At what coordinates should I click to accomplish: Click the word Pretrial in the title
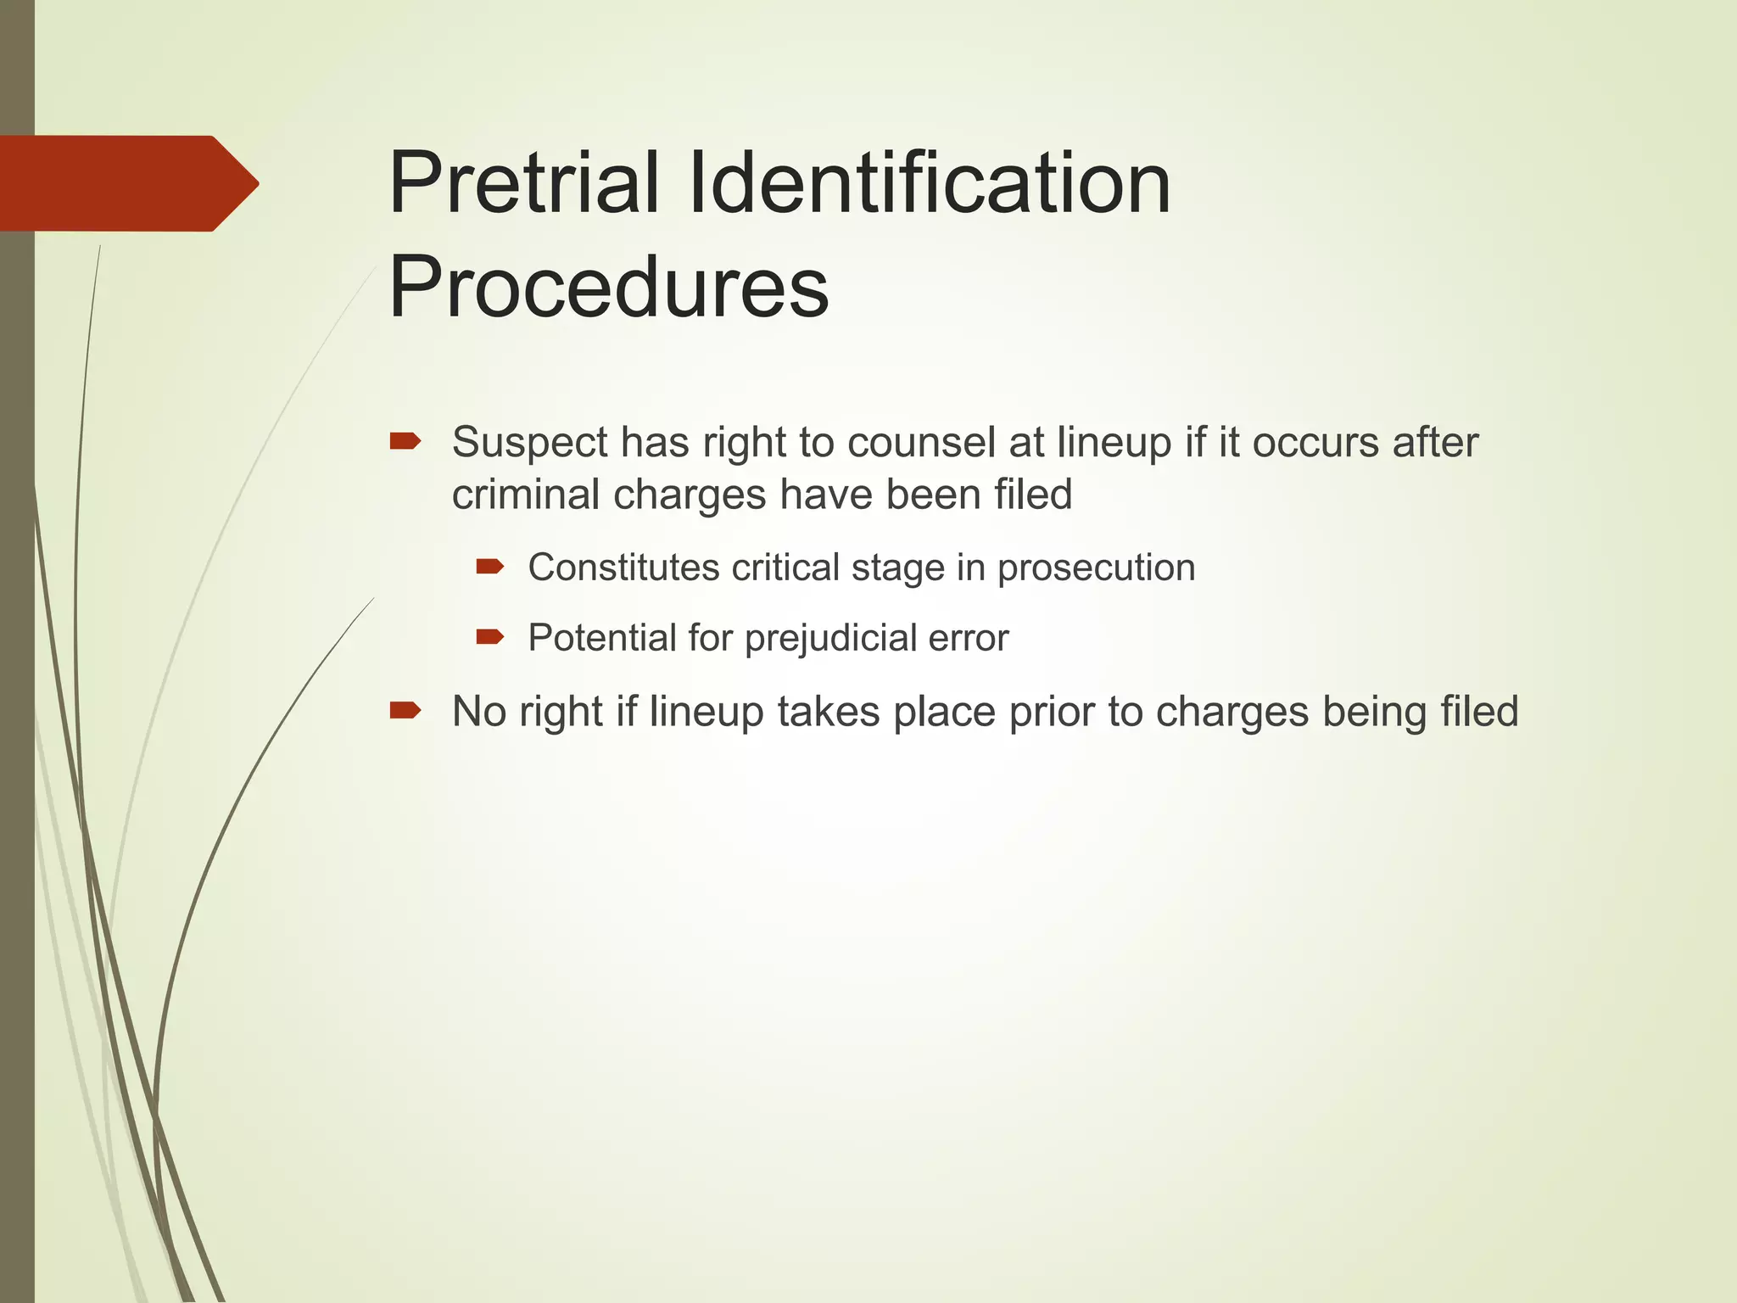pos(523,183)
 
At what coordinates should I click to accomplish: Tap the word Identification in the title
pos(930,183)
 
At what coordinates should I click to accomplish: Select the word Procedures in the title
pos(608,288)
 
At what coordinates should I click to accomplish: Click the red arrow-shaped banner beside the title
pos(127,183)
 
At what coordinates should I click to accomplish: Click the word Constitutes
pos(623,568)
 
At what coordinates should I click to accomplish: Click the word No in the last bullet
pos(478,711)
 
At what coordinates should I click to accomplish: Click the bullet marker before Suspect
pos(405,441)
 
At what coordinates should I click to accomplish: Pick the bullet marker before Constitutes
pos(490,567)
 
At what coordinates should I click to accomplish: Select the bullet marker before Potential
pos(490,636)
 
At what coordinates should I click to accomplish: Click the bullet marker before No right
pos(405,710)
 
